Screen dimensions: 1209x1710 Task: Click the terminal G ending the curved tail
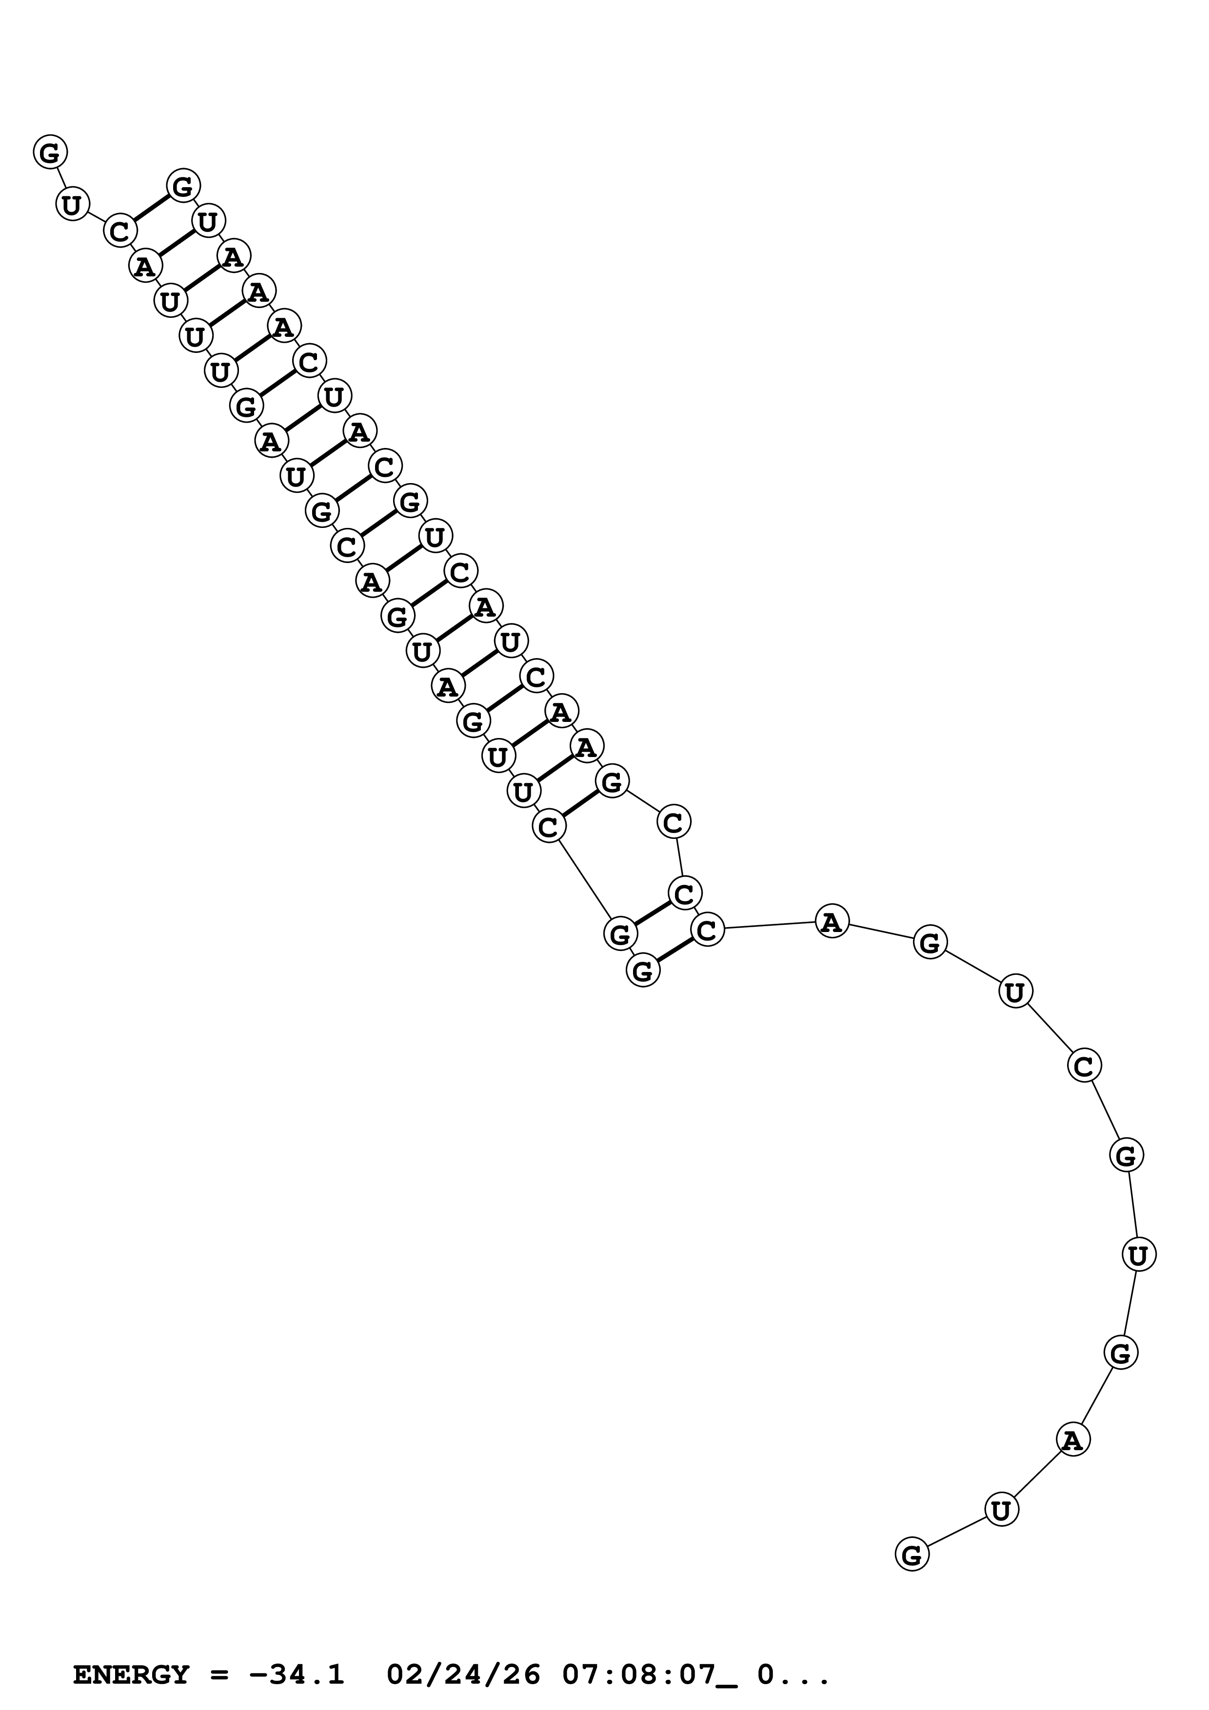[912, 1555]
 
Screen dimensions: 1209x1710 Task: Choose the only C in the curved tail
[1084, 1067]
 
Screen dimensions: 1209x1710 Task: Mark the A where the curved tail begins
[832, 923]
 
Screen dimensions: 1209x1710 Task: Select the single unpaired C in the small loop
[674, 823]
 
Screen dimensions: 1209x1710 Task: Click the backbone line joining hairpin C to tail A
[770, 926]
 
